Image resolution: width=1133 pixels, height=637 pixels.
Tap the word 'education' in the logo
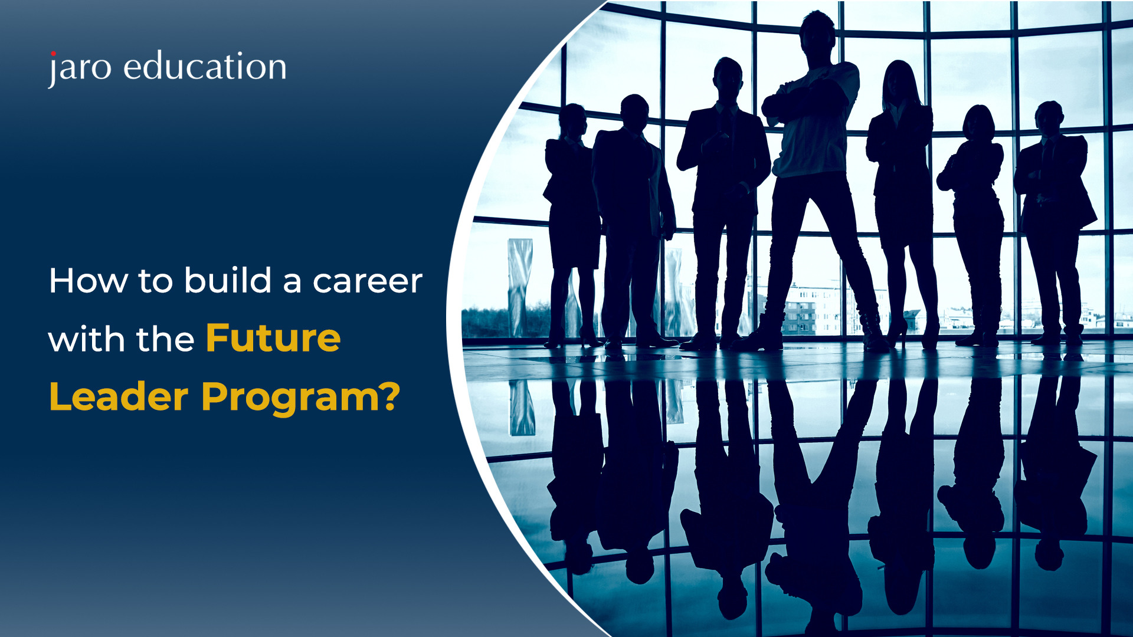point(205,65)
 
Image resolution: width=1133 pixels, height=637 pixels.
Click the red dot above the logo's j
point(53,54)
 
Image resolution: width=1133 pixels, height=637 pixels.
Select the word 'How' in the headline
point(88,281)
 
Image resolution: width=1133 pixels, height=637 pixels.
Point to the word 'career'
point(367,282)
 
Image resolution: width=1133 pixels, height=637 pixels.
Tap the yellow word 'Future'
point(273,338)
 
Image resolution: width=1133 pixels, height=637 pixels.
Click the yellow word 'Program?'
point(301,398)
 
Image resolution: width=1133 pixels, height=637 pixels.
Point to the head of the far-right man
point(1049,118)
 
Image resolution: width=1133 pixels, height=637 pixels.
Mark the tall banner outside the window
point(520,288)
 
